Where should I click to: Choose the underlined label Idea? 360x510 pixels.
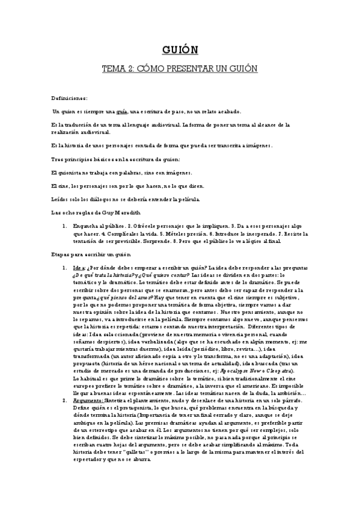80,268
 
